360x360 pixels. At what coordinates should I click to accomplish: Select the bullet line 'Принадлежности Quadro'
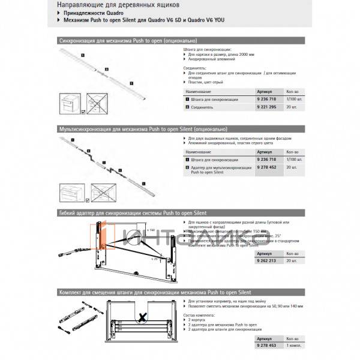tap(90, 13)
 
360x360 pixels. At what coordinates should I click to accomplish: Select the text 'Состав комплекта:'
tap(199, 315)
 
